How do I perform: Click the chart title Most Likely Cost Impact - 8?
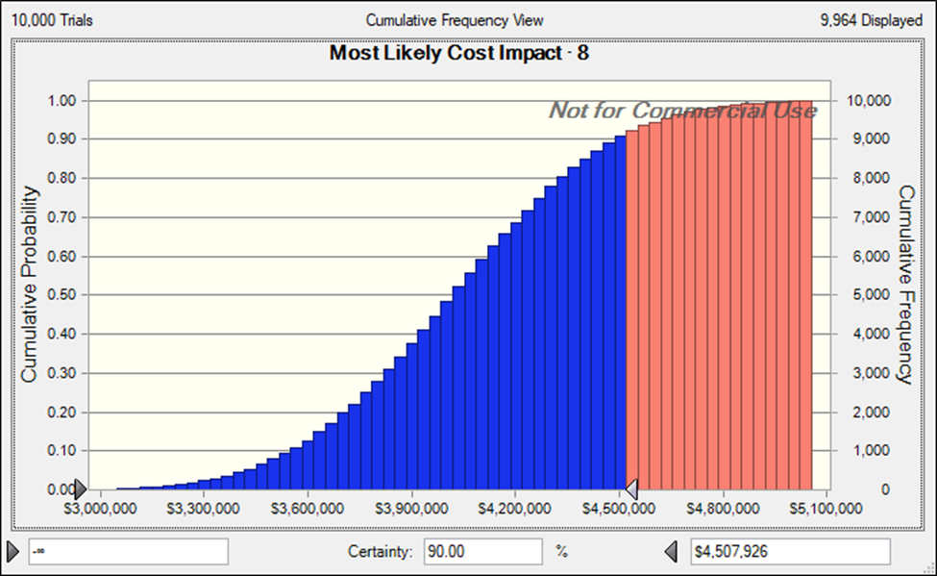point(459,54)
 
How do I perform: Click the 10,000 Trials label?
point(53,19)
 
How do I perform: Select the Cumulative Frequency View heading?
point(455,19)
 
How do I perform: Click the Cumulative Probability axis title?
point(31,285)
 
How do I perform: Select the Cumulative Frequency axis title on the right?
point(905,285)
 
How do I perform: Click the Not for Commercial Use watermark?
point(682,111)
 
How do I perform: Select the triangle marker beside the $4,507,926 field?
point(673,552)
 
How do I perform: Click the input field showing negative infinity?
point(127,552)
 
